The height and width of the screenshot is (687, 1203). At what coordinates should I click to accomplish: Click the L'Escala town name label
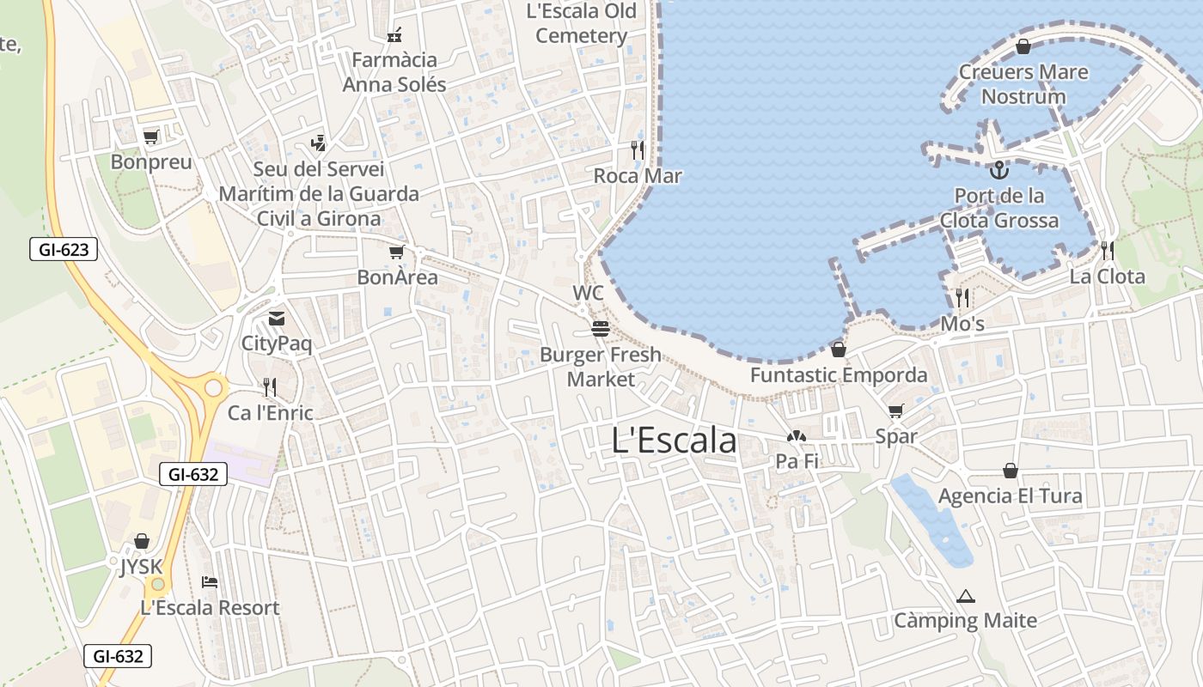pyautogui.click(x=675, y=441)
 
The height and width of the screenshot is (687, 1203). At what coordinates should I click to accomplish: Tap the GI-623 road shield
pyautogui.click(x=64, y=250)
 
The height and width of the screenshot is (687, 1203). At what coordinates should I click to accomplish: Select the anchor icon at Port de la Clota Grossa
pyautogui.click(x=998, y=170)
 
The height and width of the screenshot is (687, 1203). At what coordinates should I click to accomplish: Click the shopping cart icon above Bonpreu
pyautogui.click(x=151, y=137)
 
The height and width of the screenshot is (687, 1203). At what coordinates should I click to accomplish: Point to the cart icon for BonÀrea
pyautogui.click(x=396, y=252)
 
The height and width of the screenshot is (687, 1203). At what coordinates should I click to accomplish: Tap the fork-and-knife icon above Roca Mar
pyautogui.click(x=638, y=150)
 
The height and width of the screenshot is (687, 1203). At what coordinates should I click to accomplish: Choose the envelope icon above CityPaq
pyautogui.click(x=276, y=319)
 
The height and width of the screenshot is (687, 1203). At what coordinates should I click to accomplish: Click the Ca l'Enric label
pyautogui.click(x=270, y=413)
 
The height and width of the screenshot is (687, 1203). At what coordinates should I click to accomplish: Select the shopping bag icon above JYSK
pyautogui.click(x=142, y=541)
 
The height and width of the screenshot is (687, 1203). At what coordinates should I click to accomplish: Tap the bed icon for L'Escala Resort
pyautogui.click(x=210, y=582)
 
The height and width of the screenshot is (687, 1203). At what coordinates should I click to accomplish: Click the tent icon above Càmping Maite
pyautogui.click(x=966, y=596)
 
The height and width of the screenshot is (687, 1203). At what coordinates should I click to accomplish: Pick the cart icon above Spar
pyautogui.click(x=896, y=411)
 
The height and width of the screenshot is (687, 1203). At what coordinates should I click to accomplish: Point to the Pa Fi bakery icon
pyautogui.click(x=797, y=437)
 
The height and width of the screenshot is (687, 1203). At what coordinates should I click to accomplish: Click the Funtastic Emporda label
pyautogui.click(x=839, y=375)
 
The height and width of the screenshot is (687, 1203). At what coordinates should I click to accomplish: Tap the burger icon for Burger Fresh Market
pyautogui.click(x=600, y=329)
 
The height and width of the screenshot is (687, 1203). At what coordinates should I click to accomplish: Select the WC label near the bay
pyautogui.click(x=589, y=294)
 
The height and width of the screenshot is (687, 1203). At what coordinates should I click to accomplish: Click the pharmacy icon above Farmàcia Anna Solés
pyautogui.click(x=394, y=35)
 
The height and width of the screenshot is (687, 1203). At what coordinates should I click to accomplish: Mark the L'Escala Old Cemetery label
pyautogui.click(x=582, y=23)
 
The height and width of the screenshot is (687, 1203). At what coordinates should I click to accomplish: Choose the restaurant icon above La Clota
pyautogui.click(x=1108, y=251)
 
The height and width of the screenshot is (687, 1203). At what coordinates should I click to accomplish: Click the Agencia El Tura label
pyautogui.click(x=1010, y=496)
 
